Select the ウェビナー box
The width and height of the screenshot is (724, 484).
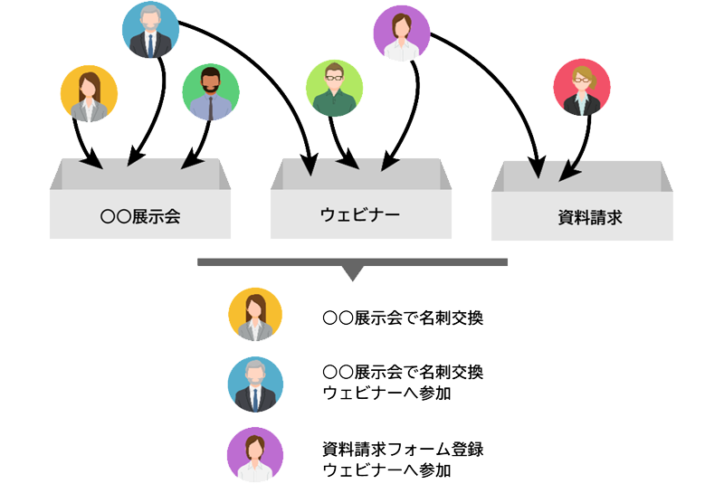[360, 214]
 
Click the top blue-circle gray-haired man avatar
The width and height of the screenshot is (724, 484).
[151, 31]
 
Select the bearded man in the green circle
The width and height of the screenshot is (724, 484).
[210, 93]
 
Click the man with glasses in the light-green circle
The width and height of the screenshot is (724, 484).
[335, 89]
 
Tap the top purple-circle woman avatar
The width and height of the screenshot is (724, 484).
[401, 34]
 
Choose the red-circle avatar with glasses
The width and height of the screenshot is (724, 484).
[582, 89]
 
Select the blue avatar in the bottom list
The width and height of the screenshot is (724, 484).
[255, 383]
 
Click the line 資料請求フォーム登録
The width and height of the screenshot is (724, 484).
[410, 448]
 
